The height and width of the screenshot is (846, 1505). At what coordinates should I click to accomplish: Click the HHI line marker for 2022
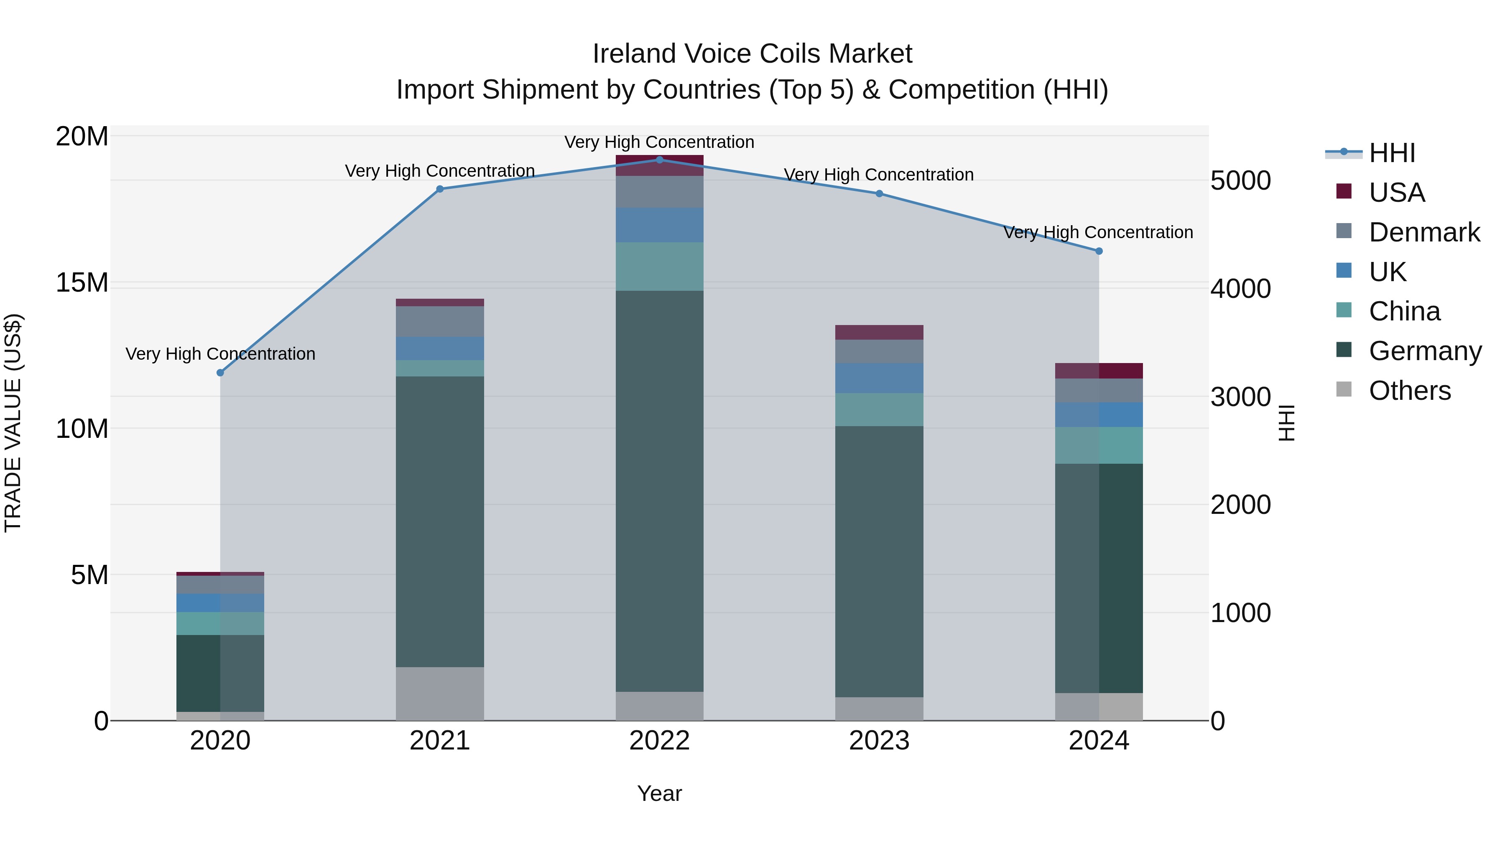(660, 160)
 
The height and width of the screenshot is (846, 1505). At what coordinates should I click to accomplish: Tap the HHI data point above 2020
(220, 373)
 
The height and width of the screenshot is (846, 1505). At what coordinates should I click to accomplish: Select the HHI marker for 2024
(1099, 251)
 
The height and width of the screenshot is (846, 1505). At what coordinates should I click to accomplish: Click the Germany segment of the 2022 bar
(660, 490)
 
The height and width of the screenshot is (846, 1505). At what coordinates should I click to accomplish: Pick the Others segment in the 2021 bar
(440, 693)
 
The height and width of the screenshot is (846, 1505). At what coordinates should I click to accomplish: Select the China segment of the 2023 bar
(879, 409)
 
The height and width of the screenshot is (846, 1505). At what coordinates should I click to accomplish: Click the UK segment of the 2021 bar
(440, 348)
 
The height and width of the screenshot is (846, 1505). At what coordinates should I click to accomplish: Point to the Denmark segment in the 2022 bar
(660, 191)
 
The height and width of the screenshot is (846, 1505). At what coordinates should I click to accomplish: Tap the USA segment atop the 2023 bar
(879, 332)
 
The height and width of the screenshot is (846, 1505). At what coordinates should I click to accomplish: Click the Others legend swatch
(1344, 389)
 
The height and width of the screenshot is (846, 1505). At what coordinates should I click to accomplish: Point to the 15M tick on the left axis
(82, 282)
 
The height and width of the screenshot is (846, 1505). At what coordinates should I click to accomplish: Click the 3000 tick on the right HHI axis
(1240, 397)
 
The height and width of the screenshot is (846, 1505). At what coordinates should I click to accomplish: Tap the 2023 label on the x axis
(879, 741)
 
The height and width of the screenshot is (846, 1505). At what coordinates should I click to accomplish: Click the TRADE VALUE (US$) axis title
(13, 423)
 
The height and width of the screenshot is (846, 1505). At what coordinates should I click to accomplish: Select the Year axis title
(660, 793)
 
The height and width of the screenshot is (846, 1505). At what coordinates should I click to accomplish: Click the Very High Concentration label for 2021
(440, 170)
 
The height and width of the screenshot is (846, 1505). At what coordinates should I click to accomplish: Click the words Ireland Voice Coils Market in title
(752, 54)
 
